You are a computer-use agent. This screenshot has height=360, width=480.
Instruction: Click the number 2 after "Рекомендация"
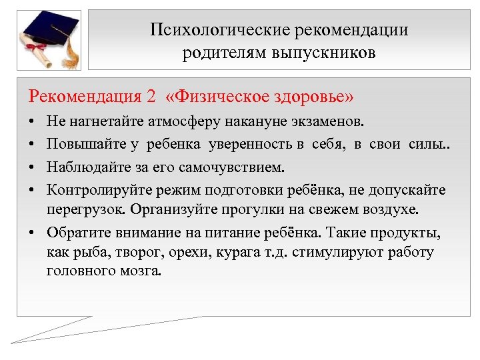pyautogui.click(x=150, y=96)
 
